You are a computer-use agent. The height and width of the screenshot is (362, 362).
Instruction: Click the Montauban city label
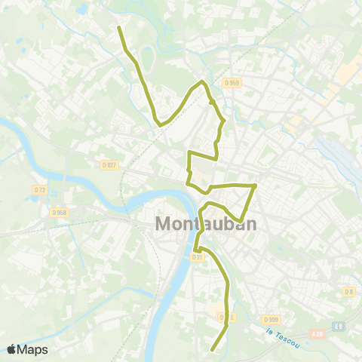point(205,224)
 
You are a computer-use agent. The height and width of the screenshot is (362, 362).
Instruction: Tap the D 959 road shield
point(231,82)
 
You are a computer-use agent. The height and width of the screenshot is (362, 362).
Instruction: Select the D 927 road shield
point(110,164)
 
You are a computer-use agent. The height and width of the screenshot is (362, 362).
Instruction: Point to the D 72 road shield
point(40,190)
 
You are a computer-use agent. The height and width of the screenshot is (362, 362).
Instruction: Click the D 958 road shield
point(60,213)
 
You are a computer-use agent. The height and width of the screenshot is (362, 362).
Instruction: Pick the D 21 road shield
point(197,257)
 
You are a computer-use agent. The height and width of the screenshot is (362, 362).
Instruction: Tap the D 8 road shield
point(348,291)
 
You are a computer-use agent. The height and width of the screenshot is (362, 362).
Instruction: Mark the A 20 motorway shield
point(317,332)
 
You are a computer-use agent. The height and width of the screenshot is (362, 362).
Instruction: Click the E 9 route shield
point(340,327)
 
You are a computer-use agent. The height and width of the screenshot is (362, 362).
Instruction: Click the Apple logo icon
point(12,349)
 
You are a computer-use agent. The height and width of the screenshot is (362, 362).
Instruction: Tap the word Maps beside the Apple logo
point(32,349)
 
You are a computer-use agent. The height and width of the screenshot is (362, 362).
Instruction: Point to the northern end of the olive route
point(119,27)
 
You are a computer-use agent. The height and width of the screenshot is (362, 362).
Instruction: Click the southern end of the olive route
point(212,350)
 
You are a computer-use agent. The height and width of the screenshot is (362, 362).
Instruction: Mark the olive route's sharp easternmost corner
point(256,185)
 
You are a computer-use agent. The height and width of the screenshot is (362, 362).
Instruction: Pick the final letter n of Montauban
point(250,224)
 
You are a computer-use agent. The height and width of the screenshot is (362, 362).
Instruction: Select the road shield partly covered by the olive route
point(224,318)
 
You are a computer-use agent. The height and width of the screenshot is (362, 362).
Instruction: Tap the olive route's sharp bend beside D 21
point(195,249)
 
